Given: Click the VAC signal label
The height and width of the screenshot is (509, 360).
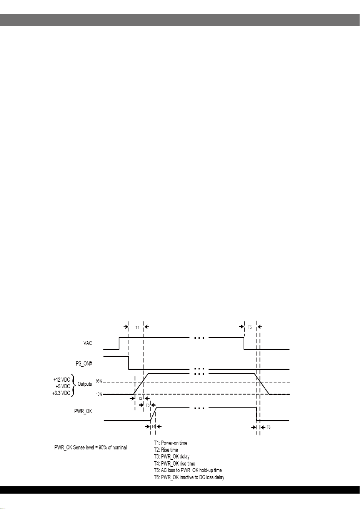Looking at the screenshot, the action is [88, 343].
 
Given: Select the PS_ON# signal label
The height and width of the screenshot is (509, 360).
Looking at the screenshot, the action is [84, 364].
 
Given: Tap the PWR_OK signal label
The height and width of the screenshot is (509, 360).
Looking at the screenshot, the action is [83, 411].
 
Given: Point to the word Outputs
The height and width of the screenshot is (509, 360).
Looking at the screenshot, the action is [85, 384].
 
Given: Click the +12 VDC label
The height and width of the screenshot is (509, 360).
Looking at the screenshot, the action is [62, 380].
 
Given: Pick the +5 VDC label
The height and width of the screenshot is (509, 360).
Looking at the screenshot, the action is [63, 386].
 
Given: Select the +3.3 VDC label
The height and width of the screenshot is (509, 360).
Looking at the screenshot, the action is [61, 393].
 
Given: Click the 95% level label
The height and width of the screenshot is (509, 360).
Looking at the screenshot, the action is [99, 381].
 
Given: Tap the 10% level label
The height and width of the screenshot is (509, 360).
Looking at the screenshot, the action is [99, 394].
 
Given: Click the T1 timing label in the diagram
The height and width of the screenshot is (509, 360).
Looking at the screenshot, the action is [137, 328].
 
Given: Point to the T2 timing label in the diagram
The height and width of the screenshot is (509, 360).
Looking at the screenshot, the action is [140, 398].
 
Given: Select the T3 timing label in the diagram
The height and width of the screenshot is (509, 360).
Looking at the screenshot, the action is [148, 405].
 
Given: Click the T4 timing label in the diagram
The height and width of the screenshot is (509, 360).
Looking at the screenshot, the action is [153, 426].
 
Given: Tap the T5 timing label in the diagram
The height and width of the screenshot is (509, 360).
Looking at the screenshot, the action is [250, 328].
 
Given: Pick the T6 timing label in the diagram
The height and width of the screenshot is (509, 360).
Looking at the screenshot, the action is [268, 427].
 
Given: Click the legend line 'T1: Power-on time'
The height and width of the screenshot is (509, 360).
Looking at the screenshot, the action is [171, 442].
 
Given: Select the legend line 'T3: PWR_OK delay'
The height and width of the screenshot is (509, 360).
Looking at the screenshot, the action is [172, 456].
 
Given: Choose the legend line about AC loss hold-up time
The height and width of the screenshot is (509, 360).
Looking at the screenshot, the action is [188, 470].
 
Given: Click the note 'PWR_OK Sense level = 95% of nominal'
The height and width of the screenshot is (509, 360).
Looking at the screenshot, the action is [90, 447].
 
